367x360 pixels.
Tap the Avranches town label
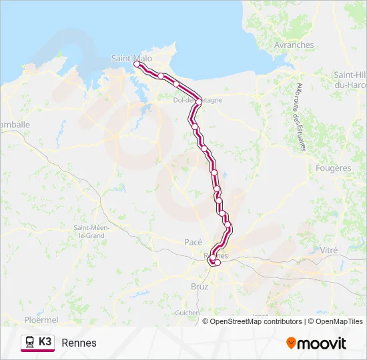point(294,45)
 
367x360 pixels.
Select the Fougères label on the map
point(333,169)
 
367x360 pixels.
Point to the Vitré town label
point(329,250)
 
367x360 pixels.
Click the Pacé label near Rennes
point(193,243)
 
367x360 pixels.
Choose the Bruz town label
point(200,287)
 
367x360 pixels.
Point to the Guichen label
point(187,313)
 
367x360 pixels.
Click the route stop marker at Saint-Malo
point(137,64)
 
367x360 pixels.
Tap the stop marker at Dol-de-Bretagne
point(199,101)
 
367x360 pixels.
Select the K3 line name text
point(45,342)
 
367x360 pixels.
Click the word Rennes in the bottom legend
point(79,343)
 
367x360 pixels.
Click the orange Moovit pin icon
point(291,343)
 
